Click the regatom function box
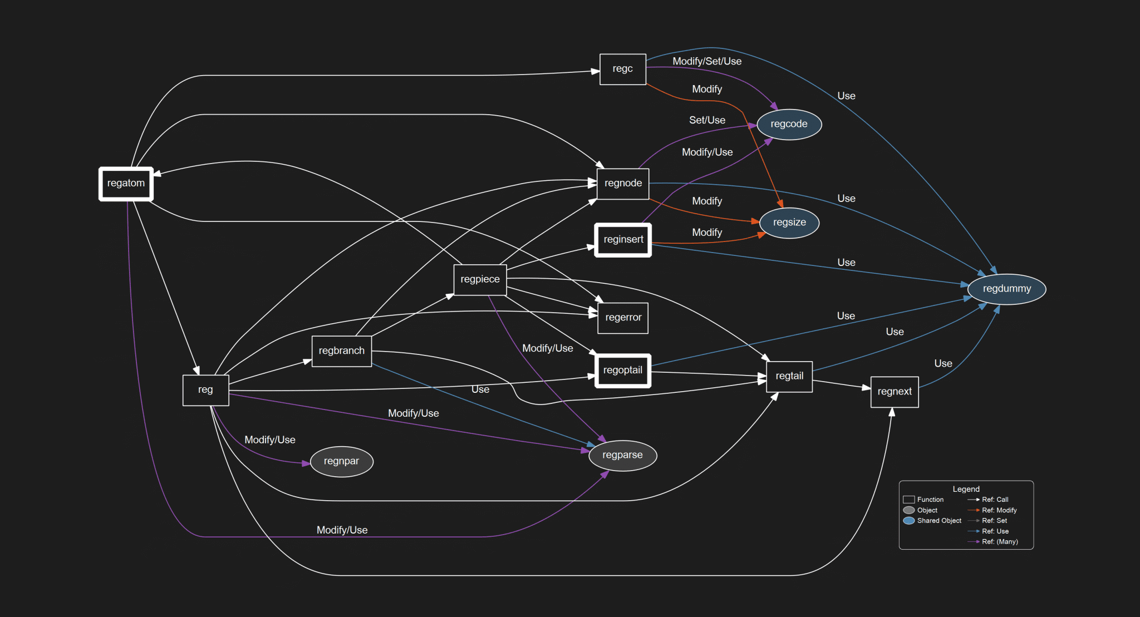coord(126,184)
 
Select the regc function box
coord(622,69)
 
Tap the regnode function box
coord(623,184)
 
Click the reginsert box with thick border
coord(623,240)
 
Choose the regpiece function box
coord(480,279)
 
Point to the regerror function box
coord(623,318)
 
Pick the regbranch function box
coord(341,351)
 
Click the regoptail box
coord(623,371)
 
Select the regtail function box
coord(789,377)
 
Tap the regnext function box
coord(894,392)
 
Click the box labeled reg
coord(205,390)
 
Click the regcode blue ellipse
coord(789,124)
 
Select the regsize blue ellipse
coord(789,223)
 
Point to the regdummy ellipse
coord(1006,289)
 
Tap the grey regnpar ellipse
coord(341,461)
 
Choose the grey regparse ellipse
coord(622,455)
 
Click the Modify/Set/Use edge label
coord(706,61)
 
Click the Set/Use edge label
coord(706,120)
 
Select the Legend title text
coord(966,489)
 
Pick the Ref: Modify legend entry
coord(999,510)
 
